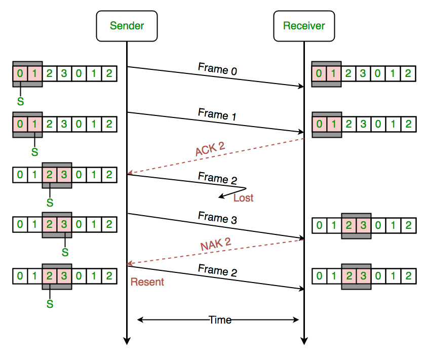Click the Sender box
coord(127,25)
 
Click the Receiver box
coord(304,25)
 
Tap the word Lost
coord(243,198)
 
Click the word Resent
coord(147,282)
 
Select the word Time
coord(220,320)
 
